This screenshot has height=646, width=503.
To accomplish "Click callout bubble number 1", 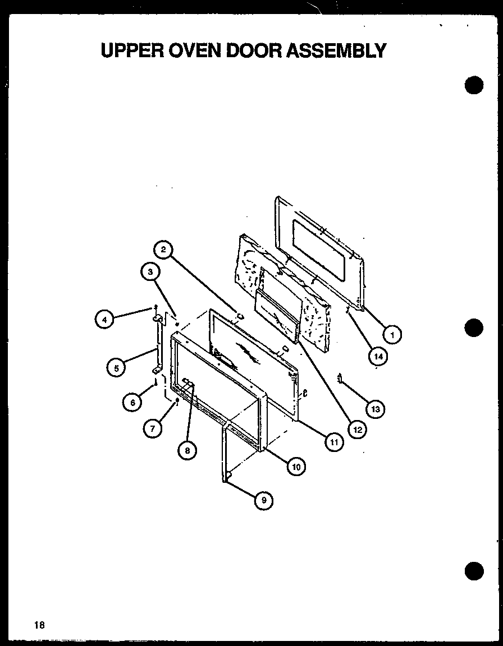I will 392,335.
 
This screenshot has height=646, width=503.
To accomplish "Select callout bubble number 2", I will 162,250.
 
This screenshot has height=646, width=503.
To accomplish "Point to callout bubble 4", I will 103,320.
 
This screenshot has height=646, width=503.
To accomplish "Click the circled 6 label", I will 132,403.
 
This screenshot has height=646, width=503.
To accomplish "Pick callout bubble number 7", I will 152,428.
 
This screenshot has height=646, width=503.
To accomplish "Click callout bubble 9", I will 263,500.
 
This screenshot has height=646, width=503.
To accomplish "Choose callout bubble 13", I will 375,409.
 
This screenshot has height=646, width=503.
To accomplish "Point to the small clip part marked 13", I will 340,379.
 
